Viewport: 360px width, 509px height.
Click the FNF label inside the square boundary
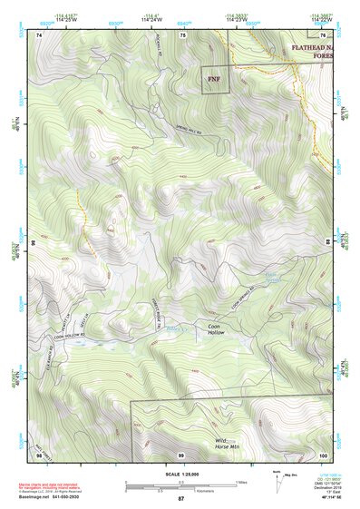point(215,80)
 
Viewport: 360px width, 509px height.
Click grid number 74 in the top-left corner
point(39,34)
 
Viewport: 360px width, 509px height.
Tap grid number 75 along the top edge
point(181,34)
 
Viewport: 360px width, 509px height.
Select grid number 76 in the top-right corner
point(323,34)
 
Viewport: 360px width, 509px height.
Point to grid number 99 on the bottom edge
point(180,454)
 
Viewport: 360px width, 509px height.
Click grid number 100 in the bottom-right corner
point(322,454)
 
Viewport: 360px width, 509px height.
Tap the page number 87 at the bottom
point(180,499)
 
